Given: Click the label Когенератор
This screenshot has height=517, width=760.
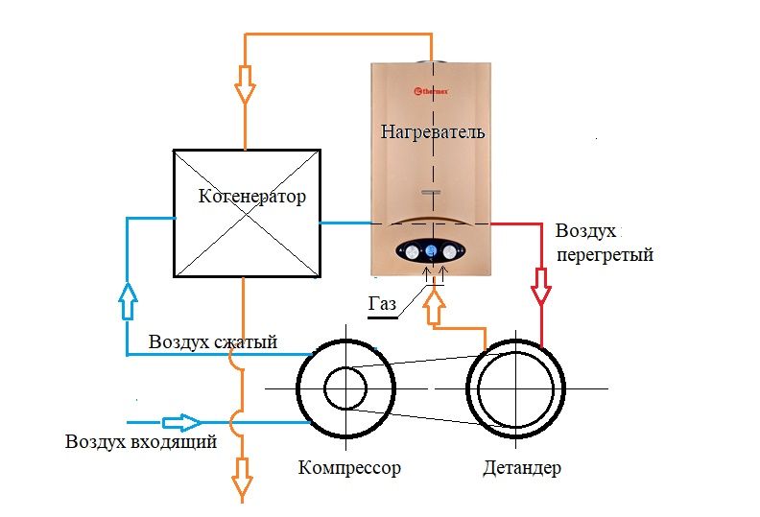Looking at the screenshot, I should pos(252,198).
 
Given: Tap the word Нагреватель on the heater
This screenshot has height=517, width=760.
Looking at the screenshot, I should pos(433,130).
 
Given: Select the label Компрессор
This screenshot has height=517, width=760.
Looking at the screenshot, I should pos(349,468).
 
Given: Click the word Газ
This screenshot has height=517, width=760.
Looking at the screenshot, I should pos(381,304).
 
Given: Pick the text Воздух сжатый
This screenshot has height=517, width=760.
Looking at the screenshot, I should pos(213,342).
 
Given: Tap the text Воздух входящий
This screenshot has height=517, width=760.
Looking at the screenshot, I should pos(141,442).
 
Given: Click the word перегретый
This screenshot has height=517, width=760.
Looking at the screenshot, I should pos(605,255).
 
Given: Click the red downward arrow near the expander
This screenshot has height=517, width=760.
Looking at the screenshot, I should pos(541,287).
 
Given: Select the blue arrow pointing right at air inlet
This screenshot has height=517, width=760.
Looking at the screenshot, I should pos(180,422).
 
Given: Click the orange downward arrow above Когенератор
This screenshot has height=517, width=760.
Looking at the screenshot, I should pos(246,83).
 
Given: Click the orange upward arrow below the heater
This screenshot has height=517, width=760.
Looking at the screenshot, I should pos(436,307).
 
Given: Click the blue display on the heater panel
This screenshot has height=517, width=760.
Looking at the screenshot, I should pos(432,252).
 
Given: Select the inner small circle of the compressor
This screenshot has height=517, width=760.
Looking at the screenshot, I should pos(344,388).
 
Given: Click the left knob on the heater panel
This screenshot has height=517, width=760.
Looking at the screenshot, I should pos(410,252).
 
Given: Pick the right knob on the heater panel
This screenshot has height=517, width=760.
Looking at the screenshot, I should pos(453,252).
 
